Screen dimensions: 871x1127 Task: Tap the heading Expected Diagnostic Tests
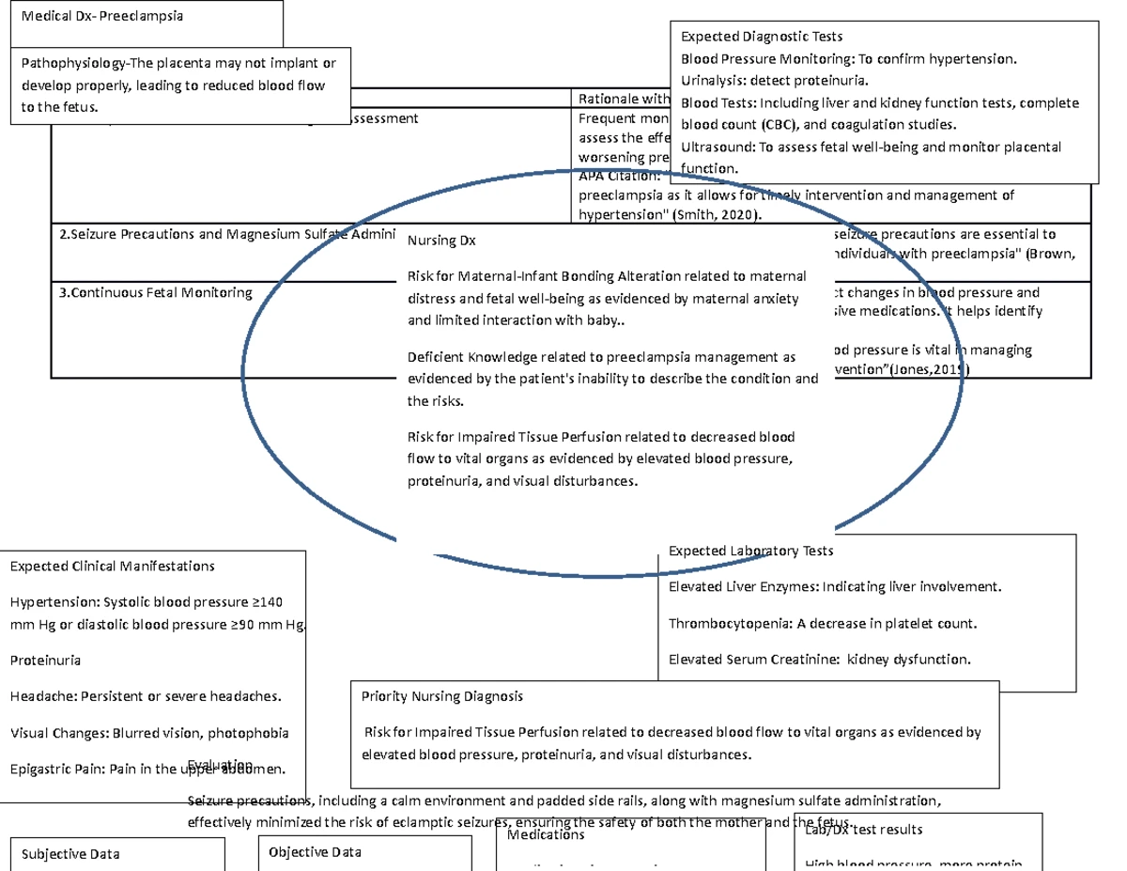click(761, 38)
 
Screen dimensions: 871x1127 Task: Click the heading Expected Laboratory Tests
click(750, 551)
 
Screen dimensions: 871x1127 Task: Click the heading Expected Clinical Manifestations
click(112, 566)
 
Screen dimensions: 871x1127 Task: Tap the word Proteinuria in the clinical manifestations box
click(45, 660)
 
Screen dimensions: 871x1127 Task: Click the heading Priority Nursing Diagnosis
click(441, 696)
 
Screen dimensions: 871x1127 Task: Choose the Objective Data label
click(315, 851)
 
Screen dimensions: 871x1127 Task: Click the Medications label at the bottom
click(546, 834)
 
